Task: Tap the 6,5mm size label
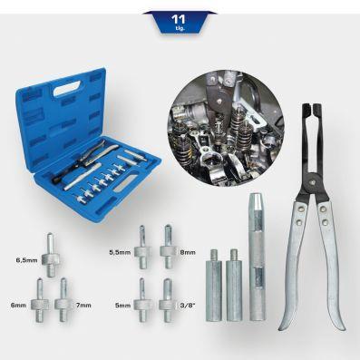(x=27, y=260)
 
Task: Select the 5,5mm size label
(x=120, y=252)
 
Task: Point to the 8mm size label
(x=188, y=252)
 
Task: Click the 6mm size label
(x=18, y=305)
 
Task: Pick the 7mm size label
(x=83, y=305)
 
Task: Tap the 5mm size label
(x=122, y=306)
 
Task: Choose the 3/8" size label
(x=188, y=305)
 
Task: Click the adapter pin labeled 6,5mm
(x=50, y=255)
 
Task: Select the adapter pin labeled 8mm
(x=168, y=247)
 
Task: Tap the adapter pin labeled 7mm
(x=63, y=300)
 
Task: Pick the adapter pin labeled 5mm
(x=142, y=300)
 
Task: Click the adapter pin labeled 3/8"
(x=168, y=300)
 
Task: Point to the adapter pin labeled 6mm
(x=40, y=300)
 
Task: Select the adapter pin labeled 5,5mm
(x=142, y=247)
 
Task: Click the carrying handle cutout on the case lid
(x=67, y=89)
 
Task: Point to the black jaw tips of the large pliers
(x=312, y=111)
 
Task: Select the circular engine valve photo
(x=226, y=129)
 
